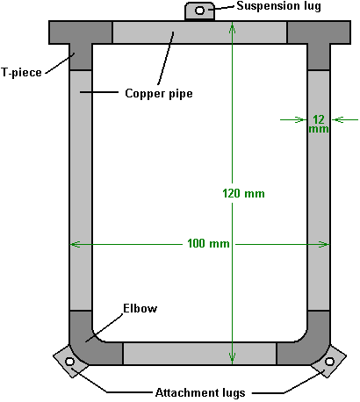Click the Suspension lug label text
278,6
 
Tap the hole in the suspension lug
199,11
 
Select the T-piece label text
21,72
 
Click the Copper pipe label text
159,94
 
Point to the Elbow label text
140,308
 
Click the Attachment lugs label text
200,392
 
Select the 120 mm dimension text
243,193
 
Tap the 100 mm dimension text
208,243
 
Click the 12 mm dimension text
319,124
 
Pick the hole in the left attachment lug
69,362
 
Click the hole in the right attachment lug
329,362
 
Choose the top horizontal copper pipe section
199,32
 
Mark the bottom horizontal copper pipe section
199,354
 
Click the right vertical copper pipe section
319,190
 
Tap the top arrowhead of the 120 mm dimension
232,28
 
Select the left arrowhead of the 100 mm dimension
76,244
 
